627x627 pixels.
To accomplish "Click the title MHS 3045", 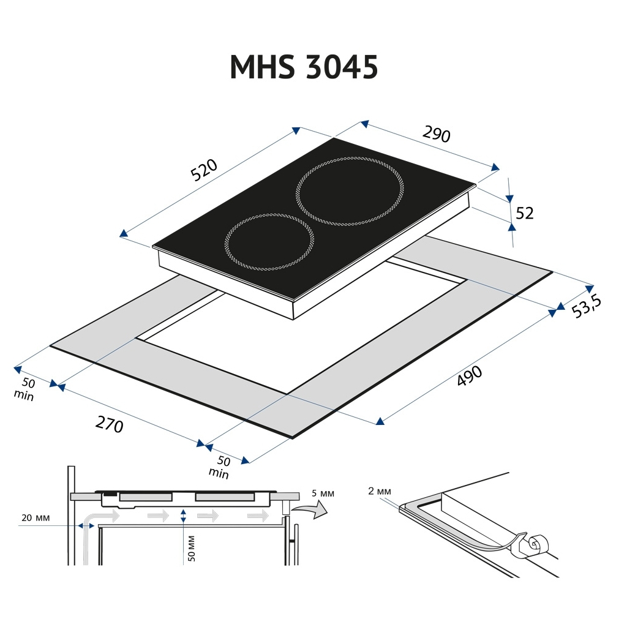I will [x=304, y=67].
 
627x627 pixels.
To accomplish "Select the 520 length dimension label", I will [x=204, y=170].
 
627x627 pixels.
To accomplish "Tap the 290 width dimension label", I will [x=437, y=135].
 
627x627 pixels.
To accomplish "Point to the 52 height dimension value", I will [x=525, y=213].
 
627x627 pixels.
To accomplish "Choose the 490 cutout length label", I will [x=470, y=377].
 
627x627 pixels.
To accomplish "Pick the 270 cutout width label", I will [x=110, y=423].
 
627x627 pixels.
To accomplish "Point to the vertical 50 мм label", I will [x=191, y=548].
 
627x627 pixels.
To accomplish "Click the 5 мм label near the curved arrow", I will [x=323, y=494].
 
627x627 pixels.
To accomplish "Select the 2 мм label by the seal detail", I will [x=380, y=492].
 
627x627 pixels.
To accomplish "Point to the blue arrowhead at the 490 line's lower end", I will [x=380, y=421].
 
